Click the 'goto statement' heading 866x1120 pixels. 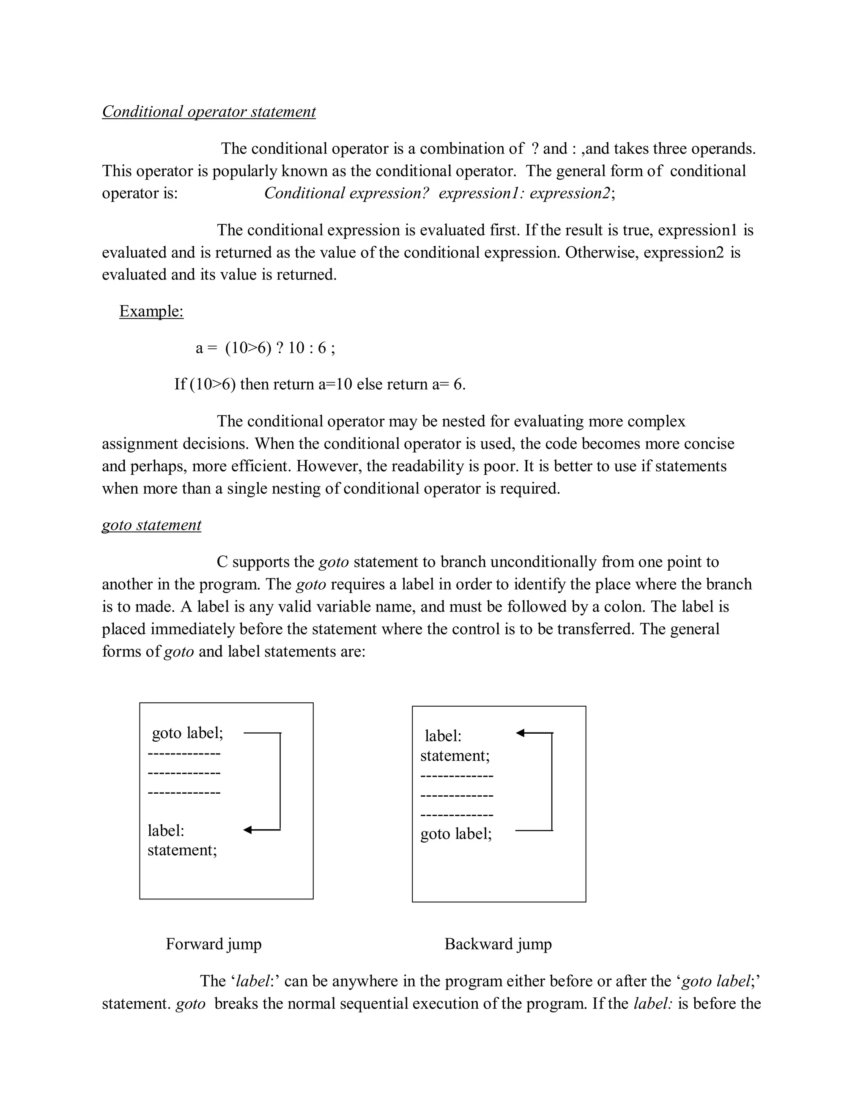click(151, 524)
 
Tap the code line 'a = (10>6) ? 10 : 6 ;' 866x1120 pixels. click(265, 348)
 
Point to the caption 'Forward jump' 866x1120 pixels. click(214, 944)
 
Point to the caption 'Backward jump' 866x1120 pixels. click(498, 944)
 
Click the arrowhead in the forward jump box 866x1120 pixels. click(248, 830)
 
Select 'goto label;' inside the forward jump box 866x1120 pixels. click(188, 733)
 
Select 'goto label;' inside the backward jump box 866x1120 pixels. click(456, 833)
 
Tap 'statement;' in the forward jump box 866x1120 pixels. click(182, 850)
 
